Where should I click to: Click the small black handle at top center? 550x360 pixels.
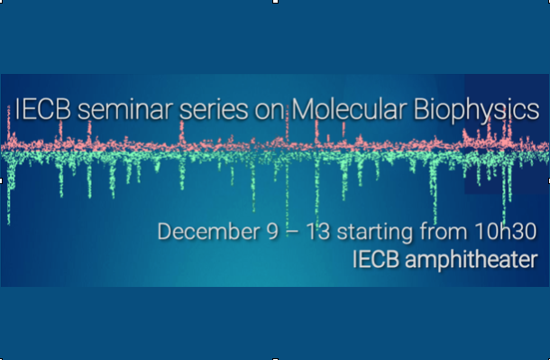click(x=275, y=2)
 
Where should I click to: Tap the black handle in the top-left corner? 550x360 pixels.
click(x=2, y=2)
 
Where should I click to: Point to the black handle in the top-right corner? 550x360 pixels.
click(x=547, y=2)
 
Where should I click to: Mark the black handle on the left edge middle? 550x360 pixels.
click(x=2, y=180)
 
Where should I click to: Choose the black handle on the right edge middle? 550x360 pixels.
click(x=547, y=180)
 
